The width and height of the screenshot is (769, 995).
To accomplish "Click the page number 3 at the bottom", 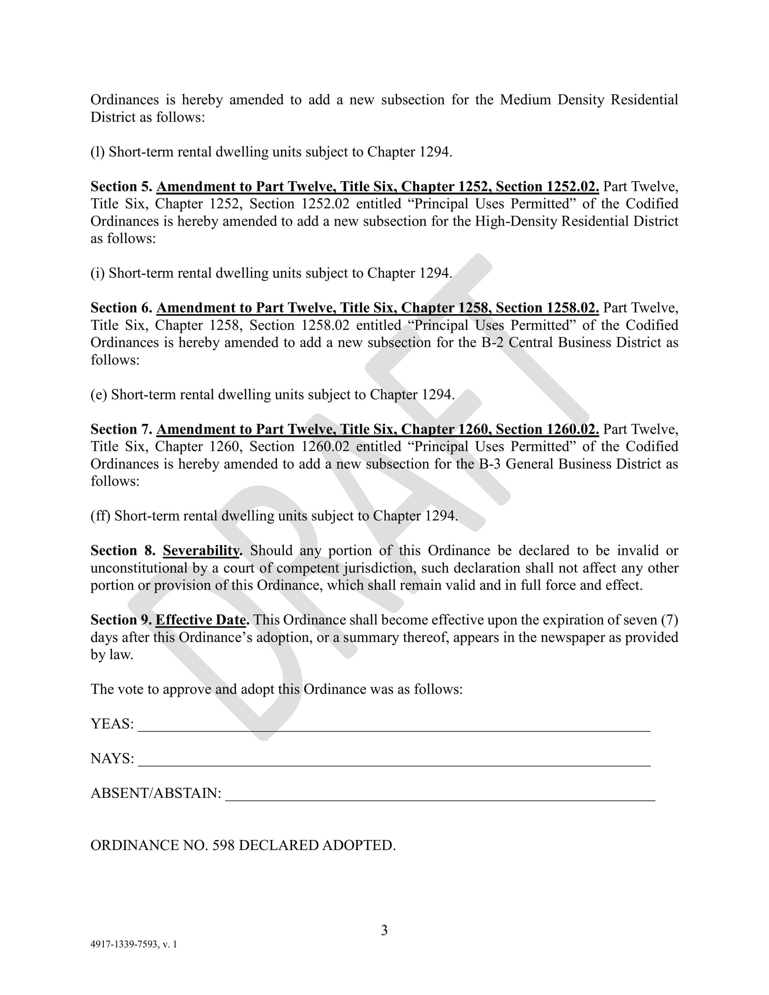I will [x=384, y=930].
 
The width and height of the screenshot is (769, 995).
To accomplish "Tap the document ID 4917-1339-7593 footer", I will [x=133, y=944].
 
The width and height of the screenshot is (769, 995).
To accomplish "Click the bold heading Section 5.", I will [x=121, y=186].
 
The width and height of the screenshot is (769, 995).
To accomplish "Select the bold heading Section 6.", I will [x=121, y=308].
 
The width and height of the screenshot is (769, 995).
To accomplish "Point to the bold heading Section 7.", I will [x=121, y=429].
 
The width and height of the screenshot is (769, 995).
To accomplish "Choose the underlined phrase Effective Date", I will [x=202, y=620].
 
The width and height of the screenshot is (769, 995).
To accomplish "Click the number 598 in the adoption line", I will [x=223, y=845].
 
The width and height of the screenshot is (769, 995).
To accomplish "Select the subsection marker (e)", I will [x=99, y=394].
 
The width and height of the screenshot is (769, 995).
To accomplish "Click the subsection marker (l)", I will [x=98, y=152].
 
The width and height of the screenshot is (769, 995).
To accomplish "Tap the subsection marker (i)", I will [x=98, y=273].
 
